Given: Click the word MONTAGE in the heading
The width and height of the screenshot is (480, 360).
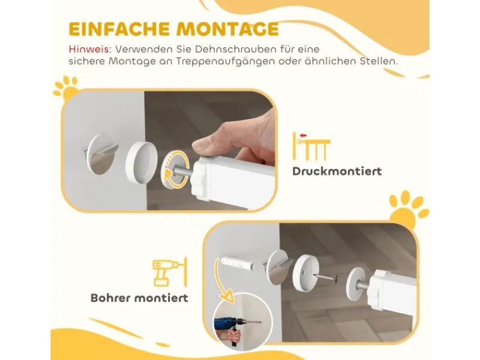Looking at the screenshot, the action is (x=227, y=29).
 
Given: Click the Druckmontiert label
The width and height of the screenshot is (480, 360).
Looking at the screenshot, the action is (x=337, y=171).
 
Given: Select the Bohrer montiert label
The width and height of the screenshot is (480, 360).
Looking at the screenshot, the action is (x=139, y=298).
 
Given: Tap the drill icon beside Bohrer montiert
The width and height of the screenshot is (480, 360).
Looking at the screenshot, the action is (x=170, y=272).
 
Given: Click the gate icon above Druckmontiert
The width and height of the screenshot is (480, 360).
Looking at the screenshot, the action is (x=311, y=146).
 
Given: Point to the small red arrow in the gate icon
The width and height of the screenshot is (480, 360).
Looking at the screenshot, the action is (x=303, y=136).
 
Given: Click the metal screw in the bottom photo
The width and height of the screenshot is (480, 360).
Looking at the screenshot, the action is (x=325, y=277).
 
